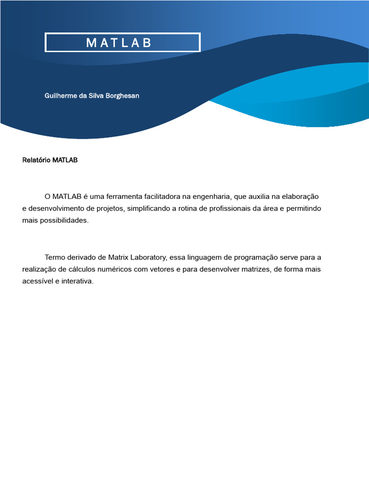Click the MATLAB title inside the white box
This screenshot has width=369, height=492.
pyautogui.click(x=119, y=43)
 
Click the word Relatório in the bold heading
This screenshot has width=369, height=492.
pyautogui.click(x=37, y=160)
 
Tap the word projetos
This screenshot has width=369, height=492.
pyautogui.click(x=110, y=209)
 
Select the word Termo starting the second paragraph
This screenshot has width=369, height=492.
pyautogui.click(x=55, y=257)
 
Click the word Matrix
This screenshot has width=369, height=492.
pyautogui.click(x=118, y=257)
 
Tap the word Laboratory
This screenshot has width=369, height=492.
pyautogui.click(x=148, y=257)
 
